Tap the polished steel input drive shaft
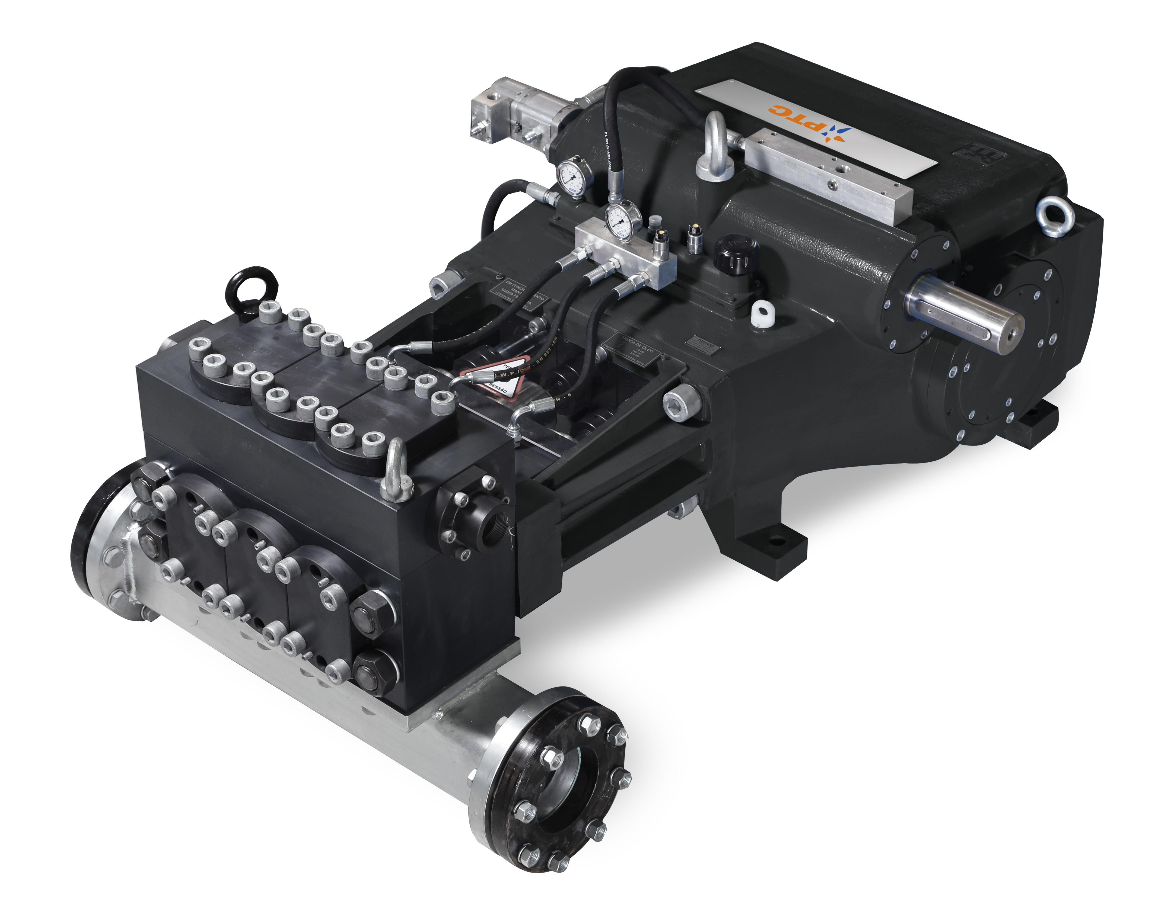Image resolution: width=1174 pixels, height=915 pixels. (x=962, y=312)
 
